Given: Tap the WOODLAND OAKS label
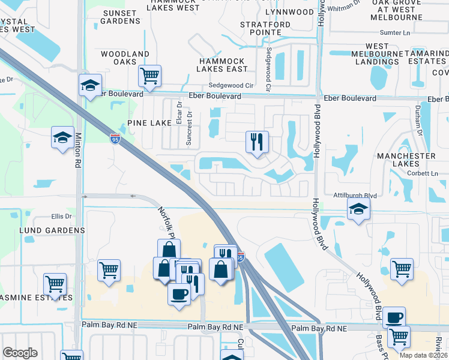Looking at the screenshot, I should (x=125, y=58).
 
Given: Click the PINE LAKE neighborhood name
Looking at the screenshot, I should (x=150, y=122).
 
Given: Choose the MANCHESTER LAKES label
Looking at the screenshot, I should (x=406, y=160).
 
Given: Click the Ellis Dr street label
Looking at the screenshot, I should (x=61, y=217).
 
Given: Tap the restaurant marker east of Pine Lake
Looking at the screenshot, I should (x=257, y=142).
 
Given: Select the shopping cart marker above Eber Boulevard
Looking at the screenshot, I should (x=149, y=76).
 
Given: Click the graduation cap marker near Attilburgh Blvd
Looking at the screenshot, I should (x=358, y=209).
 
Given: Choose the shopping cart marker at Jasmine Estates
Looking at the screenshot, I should (x=55, y=284).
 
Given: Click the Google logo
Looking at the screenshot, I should (x=20, y=353).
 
